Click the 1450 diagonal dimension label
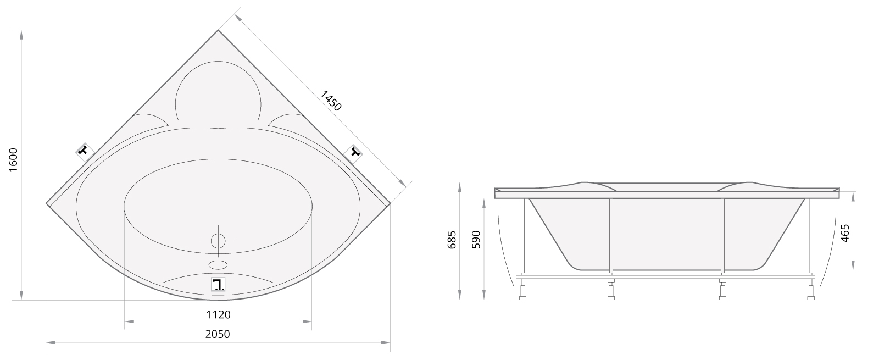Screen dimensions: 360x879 [330, 99]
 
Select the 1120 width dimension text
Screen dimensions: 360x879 [218, 315]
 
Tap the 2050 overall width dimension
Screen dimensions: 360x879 [218, 334]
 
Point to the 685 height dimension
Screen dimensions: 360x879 [452, 241]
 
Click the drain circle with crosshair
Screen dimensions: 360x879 [218, 241]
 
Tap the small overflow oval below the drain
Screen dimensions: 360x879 [218, 265]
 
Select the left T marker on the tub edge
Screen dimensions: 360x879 [84, 151]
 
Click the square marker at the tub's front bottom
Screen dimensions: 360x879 [218, 284]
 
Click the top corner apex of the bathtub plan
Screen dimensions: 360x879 [218, 30]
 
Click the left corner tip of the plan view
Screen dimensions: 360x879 [46, 203]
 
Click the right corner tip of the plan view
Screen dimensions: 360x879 [390, 203]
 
